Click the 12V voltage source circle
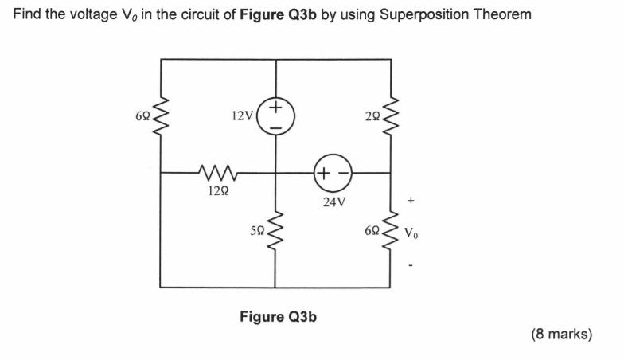click(276, 116)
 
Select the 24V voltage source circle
click(333, 173)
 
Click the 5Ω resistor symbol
click(275, 231)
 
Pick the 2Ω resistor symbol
click(391, 115)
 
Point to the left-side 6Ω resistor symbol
click(162, 115)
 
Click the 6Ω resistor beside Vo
click(391, 232)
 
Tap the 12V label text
click(241, 116)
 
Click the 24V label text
click(334, 202)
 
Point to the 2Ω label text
click(373, 116)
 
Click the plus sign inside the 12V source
click(276, 106)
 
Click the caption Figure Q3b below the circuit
click(278, 317)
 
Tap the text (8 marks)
click(561, 335)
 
